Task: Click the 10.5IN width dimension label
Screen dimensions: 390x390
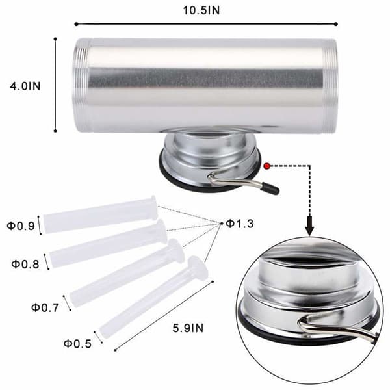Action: point(201,10)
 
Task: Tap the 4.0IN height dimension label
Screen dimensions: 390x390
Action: point(25,86)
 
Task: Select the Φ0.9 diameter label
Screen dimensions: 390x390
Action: point(21,226)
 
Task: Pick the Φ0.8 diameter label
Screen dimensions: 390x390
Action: point(25,264)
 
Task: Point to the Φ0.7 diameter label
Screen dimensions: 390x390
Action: point(45,307)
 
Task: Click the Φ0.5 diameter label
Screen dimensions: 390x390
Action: point(77,344)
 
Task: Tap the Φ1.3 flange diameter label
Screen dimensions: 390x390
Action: point(240,224)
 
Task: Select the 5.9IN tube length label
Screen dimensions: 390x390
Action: point(188,328)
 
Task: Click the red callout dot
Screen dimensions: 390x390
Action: point(267,166)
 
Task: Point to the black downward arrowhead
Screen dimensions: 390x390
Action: point(309,226)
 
